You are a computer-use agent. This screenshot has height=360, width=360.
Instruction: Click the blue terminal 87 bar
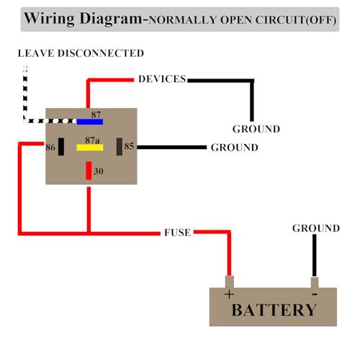click(90, 122)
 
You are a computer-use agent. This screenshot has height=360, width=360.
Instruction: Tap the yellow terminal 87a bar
click(90, 148)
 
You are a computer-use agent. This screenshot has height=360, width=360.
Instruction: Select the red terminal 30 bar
click(89, 171)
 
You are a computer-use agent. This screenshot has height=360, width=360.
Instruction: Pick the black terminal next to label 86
click(61, 147)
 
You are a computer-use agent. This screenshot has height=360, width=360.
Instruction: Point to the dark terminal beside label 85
click(120, 147)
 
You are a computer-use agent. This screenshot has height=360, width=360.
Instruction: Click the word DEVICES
click(162, 79)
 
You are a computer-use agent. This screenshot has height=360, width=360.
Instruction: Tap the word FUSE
click(178, 233)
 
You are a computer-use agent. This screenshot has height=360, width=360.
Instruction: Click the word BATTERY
click(274, 310)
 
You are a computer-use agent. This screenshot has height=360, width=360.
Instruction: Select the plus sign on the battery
click(229, 294)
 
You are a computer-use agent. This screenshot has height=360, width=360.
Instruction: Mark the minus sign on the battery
click(315, 294)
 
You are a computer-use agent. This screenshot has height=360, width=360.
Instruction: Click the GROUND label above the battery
click(316, 228)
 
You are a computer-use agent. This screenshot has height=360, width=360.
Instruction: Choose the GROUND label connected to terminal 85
click(235, 148)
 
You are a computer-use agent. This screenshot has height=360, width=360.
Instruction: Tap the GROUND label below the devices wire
click(256, 129)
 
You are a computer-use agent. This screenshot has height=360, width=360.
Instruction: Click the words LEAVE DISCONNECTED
click(81, 53)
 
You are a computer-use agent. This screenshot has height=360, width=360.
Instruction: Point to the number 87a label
click(92, 140)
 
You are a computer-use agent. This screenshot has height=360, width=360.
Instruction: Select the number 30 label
click(99, 171)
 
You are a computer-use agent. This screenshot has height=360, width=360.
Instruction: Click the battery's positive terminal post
click(230, 282)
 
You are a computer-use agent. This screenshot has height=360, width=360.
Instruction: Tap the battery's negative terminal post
click(315, 282)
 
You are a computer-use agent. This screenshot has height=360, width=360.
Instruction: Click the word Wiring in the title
click(50, 19)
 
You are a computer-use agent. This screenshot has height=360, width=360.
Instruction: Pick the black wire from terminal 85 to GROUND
click(172, 147)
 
